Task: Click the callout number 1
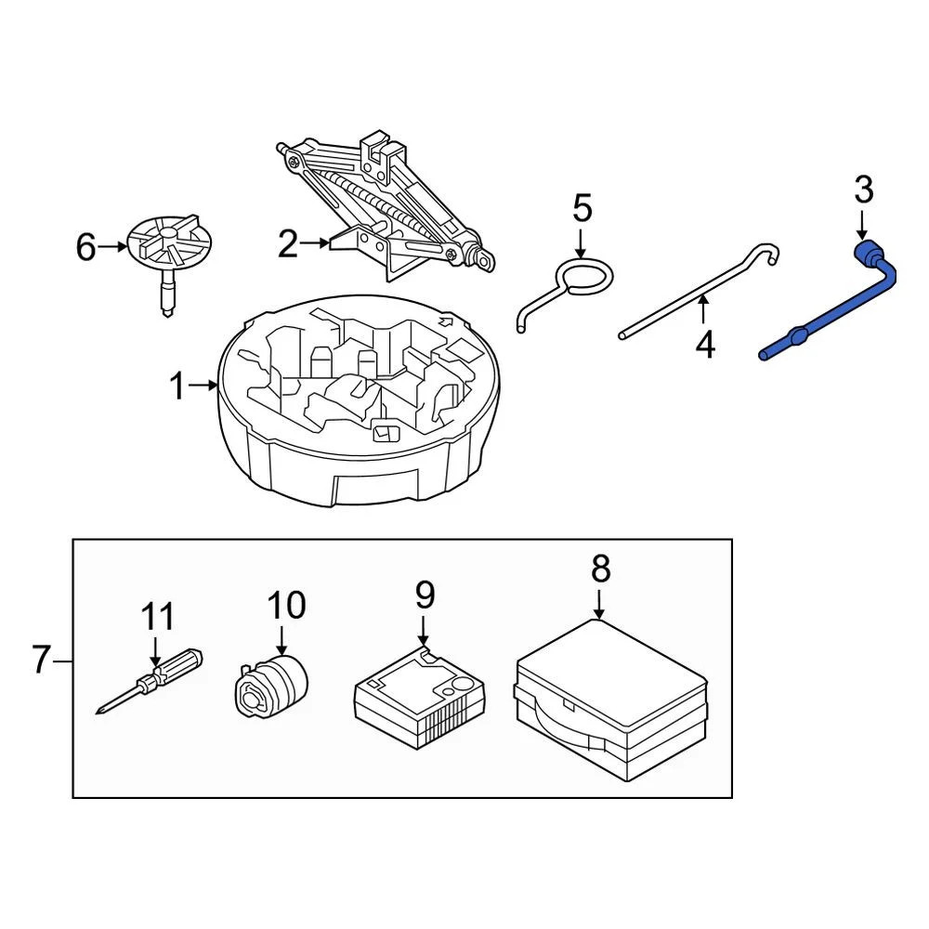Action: coord(177,386)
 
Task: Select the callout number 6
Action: coord(85,247)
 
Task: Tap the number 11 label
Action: coord(158,617)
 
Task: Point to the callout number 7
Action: coord(41,660)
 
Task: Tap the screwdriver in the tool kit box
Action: coord(150,681)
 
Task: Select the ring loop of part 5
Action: coord(583,278)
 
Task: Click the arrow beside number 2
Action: coord(315,242)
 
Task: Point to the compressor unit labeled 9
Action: coord(420,700)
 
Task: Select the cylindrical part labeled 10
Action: coord(271,687)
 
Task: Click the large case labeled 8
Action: coord(611,700)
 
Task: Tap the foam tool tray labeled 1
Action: coord(359,400)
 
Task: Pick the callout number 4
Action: coord(704,345)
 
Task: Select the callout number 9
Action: coord(425,595)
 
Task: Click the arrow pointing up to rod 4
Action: coord(702,309)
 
